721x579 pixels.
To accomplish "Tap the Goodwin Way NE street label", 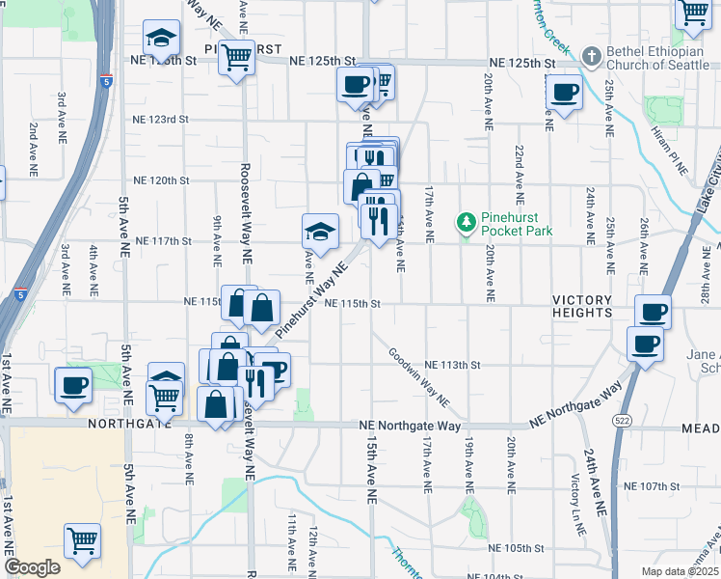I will click(x=419, y=377).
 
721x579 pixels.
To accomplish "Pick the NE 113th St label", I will click(x=452, y=365).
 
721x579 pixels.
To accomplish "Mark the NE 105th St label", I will click(x=517, y=548).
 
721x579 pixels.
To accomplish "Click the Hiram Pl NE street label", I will click(x=667, y=150).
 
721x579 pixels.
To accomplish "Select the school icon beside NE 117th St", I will click(x=321, y=231).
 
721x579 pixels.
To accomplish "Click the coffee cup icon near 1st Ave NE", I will click(x=73, y=385).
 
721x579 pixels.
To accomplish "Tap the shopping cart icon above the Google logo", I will click(x=83, y=540).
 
